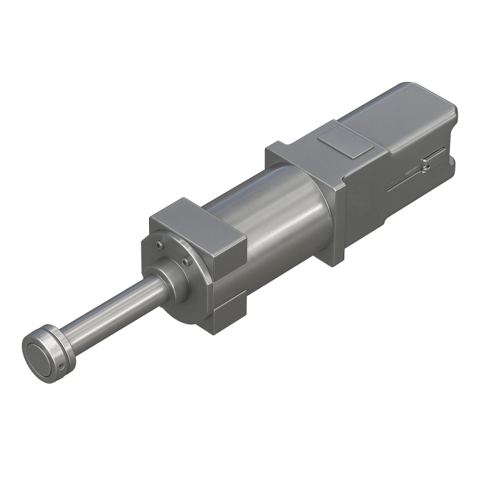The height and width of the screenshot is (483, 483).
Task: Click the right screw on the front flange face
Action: [186, 260]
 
